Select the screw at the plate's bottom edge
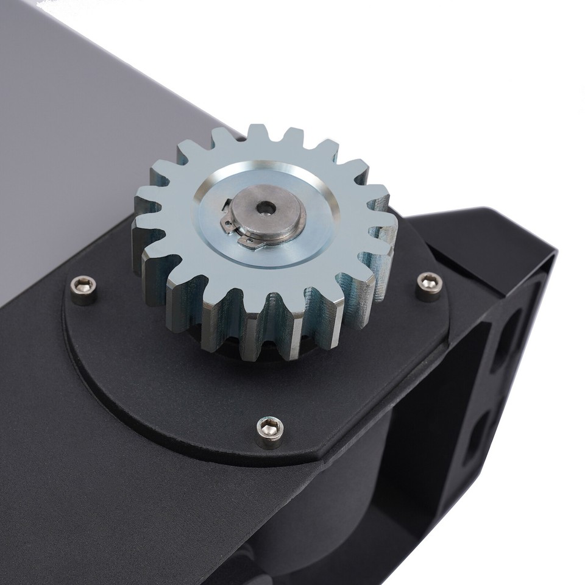click(269, 431)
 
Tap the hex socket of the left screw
click(83, 285)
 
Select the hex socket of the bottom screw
click(269, 427)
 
